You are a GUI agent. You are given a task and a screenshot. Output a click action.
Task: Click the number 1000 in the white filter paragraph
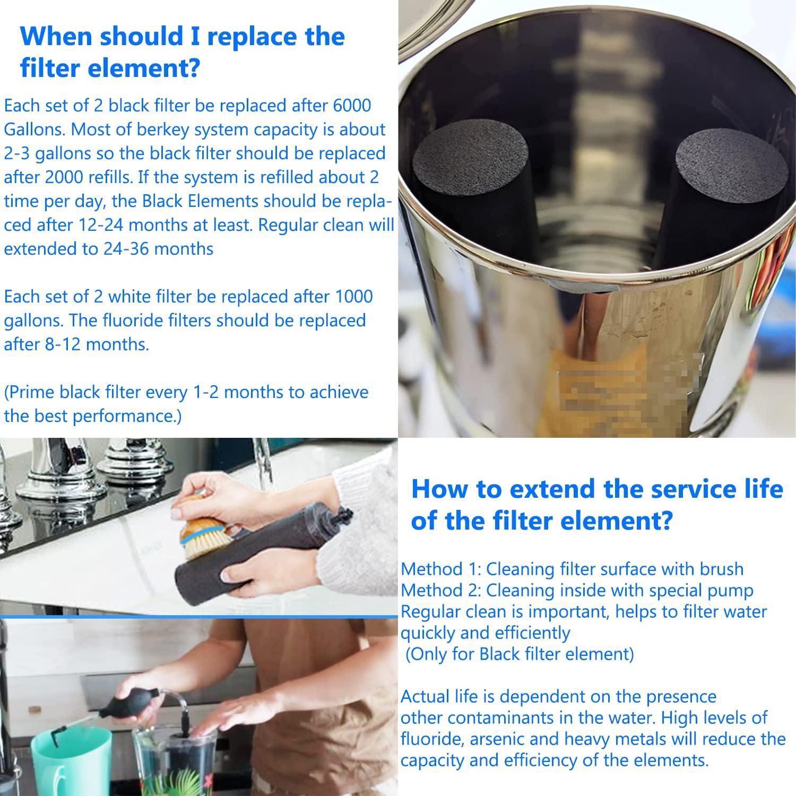353,296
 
